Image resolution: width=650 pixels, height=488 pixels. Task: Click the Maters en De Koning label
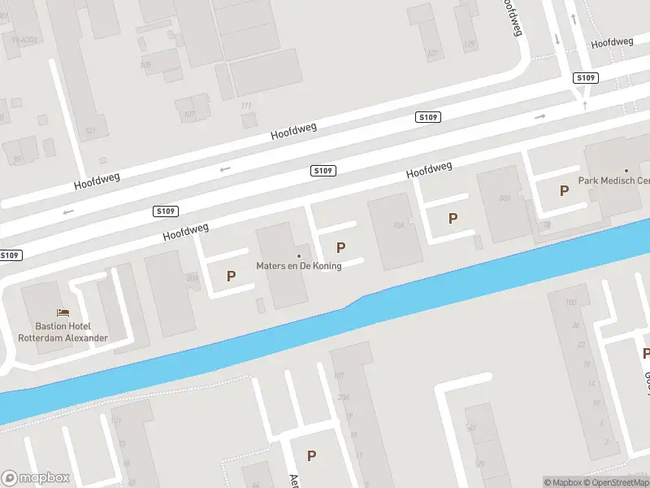299,266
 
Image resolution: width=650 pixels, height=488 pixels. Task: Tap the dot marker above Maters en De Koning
298,256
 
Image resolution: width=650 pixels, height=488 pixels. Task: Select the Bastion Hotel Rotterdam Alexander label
63,332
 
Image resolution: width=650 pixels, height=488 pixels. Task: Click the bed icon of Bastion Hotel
63,312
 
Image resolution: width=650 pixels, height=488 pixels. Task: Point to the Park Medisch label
613,181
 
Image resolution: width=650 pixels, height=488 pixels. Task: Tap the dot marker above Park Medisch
626,170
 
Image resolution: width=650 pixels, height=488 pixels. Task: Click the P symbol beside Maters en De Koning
340,247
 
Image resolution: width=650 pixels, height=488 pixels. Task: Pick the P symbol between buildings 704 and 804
453,218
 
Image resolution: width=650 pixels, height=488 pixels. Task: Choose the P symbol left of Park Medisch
564,190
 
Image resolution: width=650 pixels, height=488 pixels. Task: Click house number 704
398,225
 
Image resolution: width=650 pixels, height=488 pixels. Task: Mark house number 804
505,198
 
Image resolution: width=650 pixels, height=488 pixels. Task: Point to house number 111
246,106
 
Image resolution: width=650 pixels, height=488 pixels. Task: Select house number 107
189,115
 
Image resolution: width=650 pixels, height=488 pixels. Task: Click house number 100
571,303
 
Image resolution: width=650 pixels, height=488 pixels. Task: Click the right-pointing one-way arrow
540,116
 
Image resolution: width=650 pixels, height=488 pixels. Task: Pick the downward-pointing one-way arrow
557,38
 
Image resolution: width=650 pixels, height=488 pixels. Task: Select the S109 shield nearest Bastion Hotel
10,255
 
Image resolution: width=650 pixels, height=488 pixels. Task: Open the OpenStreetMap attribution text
618,482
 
